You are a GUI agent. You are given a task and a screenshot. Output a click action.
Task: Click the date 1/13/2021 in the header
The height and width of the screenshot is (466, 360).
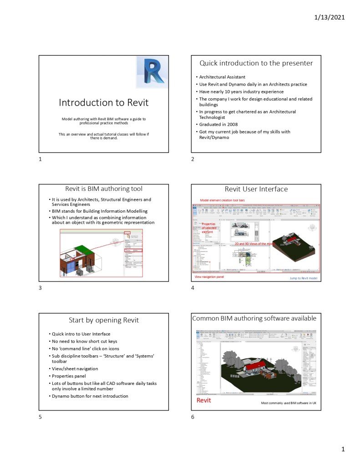click(x=330, y=18)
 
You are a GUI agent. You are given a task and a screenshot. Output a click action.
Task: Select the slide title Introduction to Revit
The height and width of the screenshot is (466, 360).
click(x=103, y=102)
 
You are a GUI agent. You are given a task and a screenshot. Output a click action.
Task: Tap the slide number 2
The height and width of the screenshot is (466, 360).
click(x=193, y=159)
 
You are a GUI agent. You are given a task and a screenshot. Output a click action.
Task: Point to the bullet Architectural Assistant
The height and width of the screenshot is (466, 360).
click(x=222, y=77)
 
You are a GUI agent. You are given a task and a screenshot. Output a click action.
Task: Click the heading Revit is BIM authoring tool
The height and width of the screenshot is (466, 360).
click(x=104, y=189)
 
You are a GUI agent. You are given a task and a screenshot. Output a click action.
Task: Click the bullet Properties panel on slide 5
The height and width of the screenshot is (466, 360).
click(x=69, y=376)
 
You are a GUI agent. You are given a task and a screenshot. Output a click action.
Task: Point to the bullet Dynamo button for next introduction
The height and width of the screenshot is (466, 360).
click(x=90, y=396)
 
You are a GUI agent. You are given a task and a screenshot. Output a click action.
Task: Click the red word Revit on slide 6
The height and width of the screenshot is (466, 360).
click(x=203, y=400)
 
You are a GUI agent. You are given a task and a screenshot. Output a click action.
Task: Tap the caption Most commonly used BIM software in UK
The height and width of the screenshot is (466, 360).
click(x=289, y=403)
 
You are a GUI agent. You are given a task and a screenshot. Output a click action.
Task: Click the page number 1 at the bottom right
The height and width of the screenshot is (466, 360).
click(x=344, y=450)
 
